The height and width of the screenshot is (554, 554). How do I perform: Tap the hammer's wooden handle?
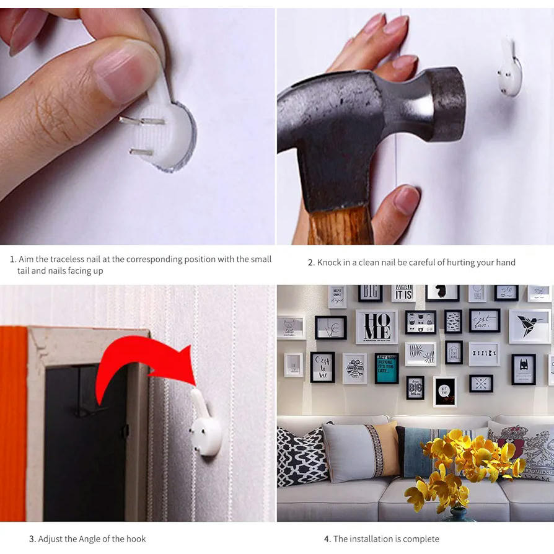[341, 226]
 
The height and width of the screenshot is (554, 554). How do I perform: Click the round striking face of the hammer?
[448, 104]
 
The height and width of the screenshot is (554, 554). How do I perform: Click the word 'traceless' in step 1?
[67, 259]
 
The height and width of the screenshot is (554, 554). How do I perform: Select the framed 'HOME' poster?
[377, 327]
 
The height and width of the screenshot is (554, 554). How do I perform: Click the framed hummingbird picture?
[530, 327]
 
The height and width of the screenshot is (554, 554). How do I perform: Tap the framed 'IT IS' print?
[403, 294]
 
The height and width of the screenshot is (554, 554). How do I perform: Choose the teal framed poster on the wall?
[387, 369]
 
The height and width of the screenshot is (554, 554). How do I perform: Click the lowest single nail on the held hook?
[142, 152]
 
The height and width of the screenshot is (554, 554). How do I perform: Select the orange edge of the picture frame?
[13, 424]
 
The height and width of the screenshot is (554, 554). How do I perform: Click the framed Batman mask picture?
[523, 370]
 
